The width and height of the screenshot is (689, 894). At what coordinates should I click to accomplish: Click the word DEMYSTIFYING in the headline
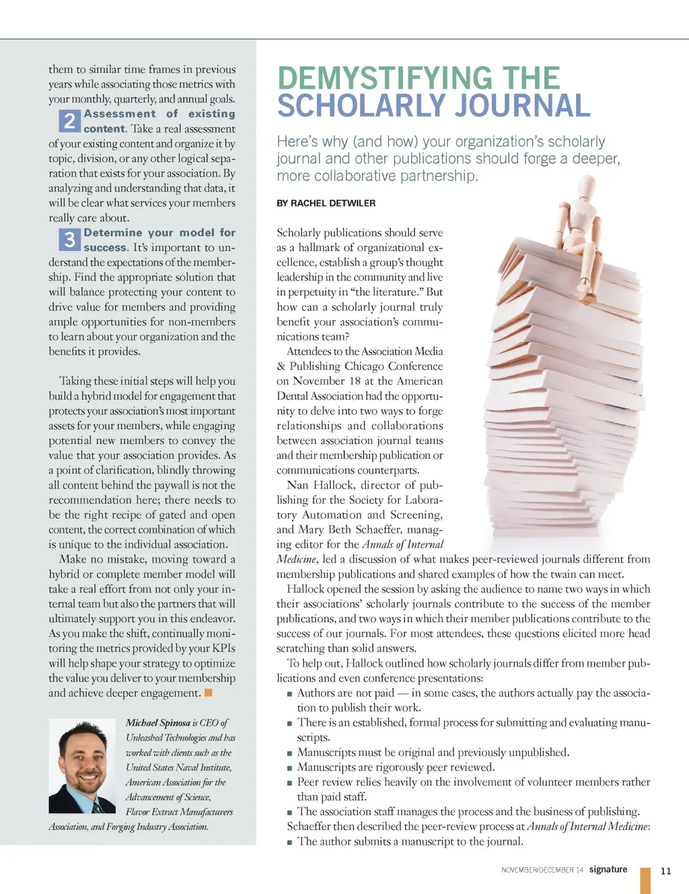tap(385, 79)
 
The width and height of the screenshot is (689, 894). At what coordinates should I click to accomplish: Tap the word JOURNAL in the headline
tap(521, 106)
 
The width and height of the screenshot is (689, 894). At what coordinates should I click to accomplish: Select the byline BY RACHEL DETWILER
tap(326, 203)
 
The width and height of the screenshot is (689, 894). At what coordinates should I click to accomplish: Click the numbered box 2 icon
tap(69, 121)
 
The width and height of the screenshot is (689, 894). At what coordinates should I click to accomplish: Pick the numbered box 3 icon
tap(69, 239)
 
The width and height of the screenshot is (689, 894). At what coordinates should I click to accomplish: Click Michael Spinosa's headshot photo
tap(83, 766)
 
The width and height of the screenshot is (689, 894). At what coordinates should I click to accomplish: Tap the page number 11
tap(665, 870)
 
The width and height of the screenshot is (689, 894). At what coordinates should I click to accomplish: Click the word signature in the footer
tap(608, 869)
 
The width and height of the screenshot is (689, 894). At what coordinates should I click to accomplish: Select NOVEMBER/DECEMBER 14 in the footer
tap(542, 870)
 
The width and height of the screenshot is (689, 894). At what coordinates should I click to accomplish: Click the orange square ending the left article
tap(209, 693)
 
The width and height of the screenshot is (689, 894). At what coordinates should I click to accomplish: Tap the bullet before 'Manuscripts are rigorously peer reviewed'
tap(289, 768)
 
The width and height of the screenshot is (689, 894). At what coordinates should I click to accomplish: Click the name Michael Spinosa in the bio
tap(158, 722)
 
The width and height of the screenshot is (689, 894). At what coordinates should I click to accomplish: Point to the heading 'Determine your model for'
tap(159, 233)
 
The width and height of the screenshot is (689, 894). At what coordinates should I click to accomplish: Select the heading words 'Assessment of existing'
tap(159, 114)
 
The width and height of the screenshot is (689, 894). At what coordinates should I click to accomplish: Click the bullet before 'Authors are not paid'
tap(289, 694)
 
